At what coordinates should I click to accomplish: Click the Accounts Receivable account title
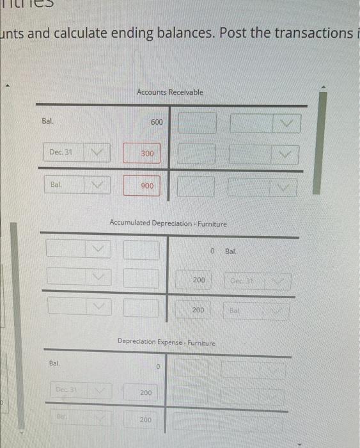click(x=169, y=92)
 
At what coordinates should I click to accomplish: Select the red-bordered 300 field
click(x=147, y=154)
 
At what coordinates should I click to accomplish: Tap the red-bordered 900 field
click(x=147, y=186)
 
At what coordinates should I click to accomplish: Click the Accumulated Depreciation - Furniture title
click(x=168, y=224)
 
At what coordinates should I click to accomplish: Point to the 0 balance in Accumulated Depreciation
click(x=211, y=250)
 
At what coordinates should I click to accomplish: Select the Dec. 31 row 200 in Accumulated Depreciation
click(x=199, y=280)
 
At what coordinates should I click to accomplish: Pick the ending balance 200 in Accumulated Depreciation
click(x=199, y=310)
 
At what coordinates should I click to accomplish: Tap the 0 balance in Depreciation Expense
click(x=157, y=367)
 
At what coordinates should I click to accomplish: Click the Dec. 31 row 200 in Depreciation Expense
click(x=146, y=392)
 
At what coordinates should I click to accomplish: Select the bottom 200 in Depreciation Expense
click(x=146, y=420)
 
